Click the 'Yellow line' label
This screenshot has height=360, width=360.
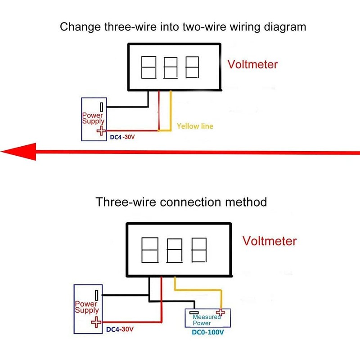(195, 126)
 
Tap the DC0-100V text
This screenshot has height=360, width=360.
(208, 332)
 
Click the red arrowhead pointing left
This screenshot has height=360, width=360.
(18, 152)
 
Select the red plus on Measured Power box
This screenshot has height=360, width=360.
(220, 312)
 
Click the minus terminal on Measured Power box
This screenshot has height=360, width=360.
(194, 312)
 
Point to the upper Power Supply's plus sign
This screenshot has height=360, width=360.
(101, 131)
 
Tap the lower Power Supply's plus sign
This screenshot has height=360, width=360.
(96, 322)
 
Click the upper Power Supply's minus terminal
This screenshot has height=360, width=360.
(102, 107)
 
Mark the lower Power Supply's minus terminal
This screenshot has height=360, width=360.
(96, 295)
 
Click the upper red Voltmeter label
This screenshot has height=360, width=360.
(252, 64)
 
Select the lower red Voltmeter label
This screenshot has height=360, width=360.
(270, 241)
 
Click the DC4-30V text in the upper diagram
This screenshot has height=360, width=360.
(122, 137)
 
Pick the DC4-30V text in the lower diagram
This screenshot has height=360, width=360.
(120, 329)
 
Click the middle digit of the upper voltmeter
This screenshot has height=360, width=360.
(171, 68)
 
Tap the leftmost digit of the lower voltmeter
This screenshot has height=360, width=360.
(150, 250)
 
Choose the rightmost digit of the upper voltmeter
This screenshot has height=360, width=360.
(192, 67)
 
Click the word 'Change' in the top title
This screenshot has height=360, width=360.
(81, 27)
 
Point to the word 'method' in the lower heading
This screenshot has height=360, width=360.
(246, 202)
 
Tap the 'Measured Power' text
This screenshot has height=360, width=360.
(206, 320)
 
